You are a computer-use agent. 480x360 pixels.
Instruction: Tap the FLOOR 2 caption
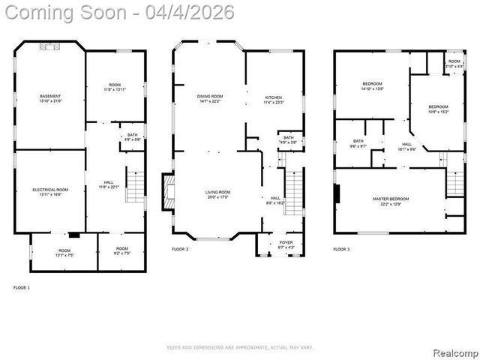click(x=181, y=248)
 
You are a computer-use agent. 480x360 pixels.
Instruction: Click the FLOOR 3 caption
click(x=342, y=248)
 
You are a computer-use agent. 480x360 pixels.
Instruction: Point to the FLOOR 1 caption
click(x=22, y=287)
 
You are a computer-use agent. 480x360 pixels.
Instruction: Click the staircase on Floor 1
click(x=134, y=187)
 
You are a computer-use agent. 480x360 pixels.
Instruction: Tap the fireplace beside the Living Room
click(x=167, y=193)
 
